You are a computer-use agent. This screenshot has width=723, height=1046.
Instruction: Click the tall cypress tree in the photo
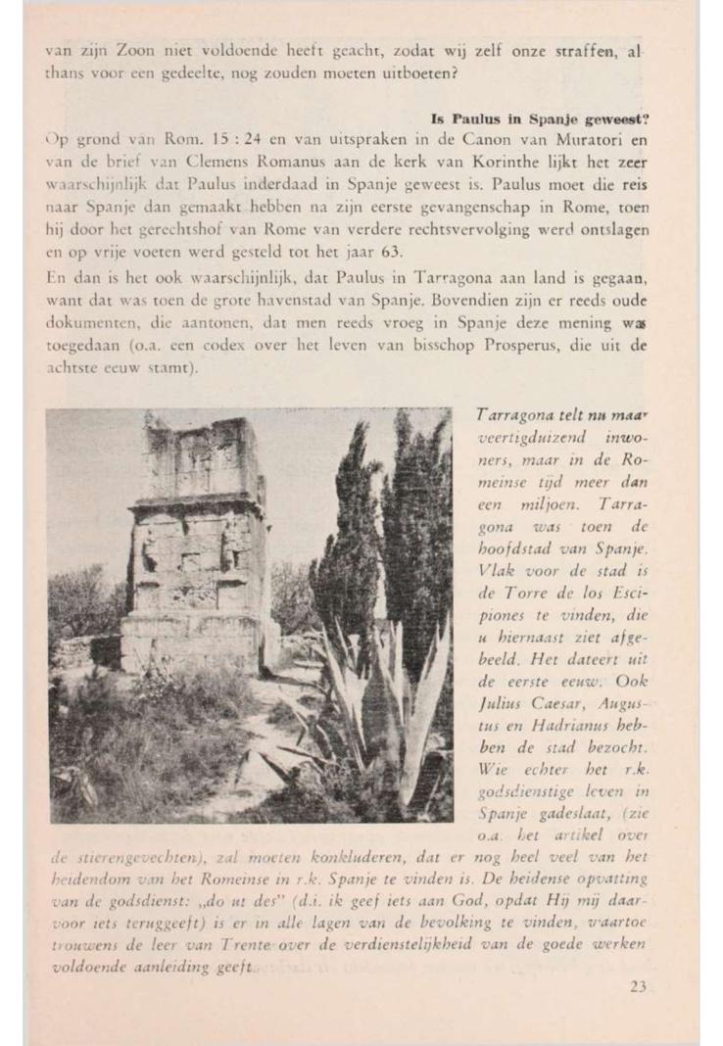point(411,548)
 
